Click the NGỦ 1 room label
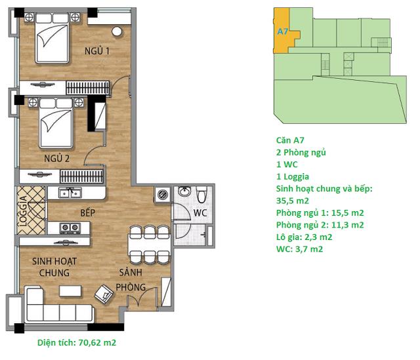pos(97,50)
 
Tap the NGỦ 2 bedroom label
pos(57,158)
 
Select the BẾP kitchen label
pos(88,212)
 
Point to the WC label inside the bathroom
pos(200,213)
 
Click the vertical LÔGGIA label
pos(24,211)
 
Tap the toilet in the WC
pos(201,194)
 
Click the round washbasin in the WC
pos(184,191)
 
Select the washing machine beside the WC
pos(162,194)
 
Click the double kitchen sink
pos(70,193)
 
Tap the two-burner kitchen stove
pos(70,228)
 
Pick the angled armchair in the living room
pos(104,294)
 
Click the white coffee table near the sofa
pos(70,291)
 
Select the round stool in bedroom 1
pos(117,31)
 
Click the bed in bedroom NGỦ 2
pos(56,123)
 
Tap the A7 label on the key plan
pos(282,31)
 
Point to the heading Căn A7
pos(290,140)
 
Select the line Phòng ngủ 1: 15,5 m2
pos(320,213)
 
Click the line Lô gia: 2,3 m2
pos(304,237)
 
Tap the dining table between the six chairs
pos(149,244)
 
